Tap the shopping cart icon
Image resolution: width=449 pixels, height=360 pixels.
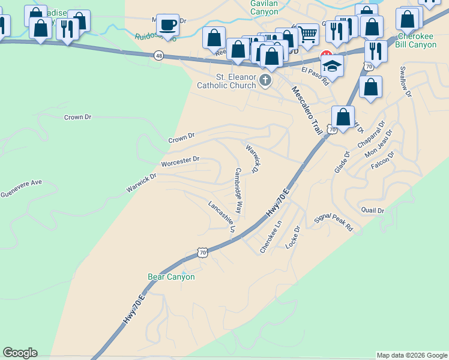(307, 34)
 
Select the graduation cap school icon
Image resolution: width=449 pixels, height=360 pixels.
(332, 65)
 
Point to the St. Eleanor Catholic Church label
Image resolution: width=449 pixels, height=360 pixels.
(226, 81)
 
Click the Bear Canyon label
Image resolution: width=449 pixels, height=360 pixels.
(171, 277)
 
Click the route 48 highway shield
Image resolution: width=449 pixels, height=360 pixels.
(158, 55)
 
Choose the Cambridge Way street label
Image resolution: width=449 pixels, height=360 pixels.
(238, 191)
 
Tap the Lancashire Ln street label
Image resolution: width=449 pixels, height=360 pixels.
(221, 216)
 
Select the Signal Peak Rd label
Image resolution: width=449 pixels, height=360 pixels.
(334, 221)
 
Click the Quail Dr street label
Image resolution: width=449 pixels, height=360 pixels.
(372, 210)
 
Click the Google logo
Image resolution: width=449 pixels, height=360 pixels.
(20, 353)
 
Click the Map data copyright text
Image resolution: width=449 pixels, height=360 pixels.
(412, 355)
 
